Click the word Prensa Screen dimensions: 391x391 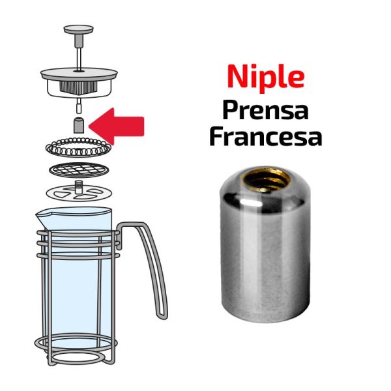pos(266,111)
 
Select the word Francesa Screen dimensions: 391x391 pos(266,137)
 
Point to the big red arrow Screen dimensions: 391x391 pos(117,126)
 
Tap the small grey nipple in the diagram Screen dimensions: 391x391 pos(79,126)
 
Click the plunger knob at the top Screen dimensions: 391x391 pos(79,29)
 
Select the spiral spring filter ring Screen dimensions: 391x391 pos(78,147)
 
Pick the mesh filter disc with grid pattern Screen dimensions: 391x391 pos(79,170)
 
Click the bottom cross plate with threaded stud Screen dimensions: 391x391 pos(79,192)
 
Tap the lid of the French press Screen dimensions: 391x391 pos(79,82)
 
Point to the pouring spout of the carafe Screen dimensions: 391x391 pos(42,217)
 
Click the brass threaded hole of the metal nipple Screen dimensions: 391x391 pos(266,179)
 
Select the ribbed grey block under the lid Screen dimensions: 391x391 pos(78,87)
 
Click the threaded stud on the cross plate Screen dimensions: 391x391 pos(79,187)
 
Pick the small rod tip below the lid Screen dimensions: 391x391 pos(79,106)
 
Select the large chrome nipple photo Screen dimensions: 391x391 pos(266,244)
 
